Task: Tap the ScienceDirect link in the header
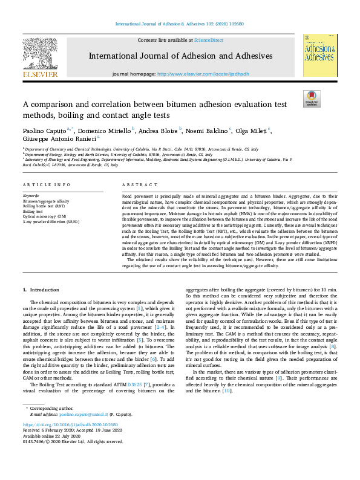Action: click(208, 39)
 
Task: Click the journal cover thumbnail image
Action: click(319, 55)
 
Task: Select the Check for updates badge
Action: click(311, 99)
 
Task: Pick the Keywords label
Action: click(31, 196)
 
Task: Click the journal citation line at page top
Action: click(180, 24)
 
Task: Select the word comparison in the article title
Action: click(57, 104)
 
